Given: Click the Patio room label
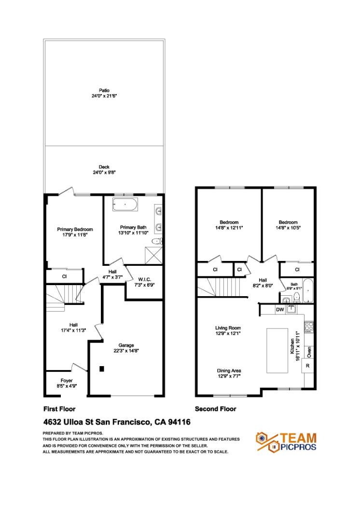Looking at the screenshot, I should [104, 90].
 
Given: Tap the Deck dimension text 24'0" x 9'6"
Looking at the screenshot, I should [104, 172].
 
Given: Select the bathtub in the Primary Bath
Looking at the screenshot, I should [125, 204].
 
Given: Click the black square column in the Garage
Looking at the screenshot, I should [101, 369].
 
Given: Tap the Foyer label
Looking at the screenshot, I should [67, 380].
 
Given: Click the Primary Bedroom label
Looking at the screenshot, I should [75, 230].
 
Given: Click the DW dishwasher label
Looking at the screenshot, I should [279, 309].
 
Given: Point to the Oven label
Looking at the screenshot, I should [309, 352].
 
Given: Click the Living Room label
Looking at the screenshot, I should [228, 328].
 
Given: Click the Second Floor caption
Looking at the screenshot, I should [215, 409].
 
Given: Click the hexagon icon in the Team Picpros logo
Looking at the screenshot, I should [264, 437].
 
